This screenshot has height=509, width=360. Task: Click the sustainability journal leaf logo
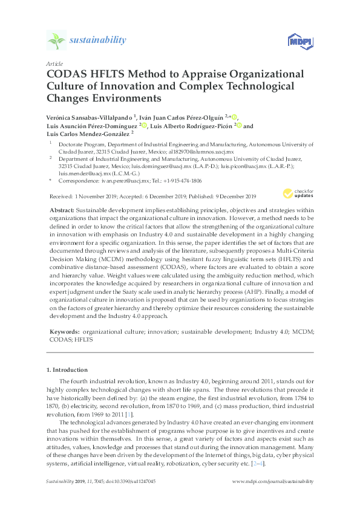57,41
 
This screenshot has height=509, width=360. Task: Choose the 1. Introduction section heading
67,369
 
